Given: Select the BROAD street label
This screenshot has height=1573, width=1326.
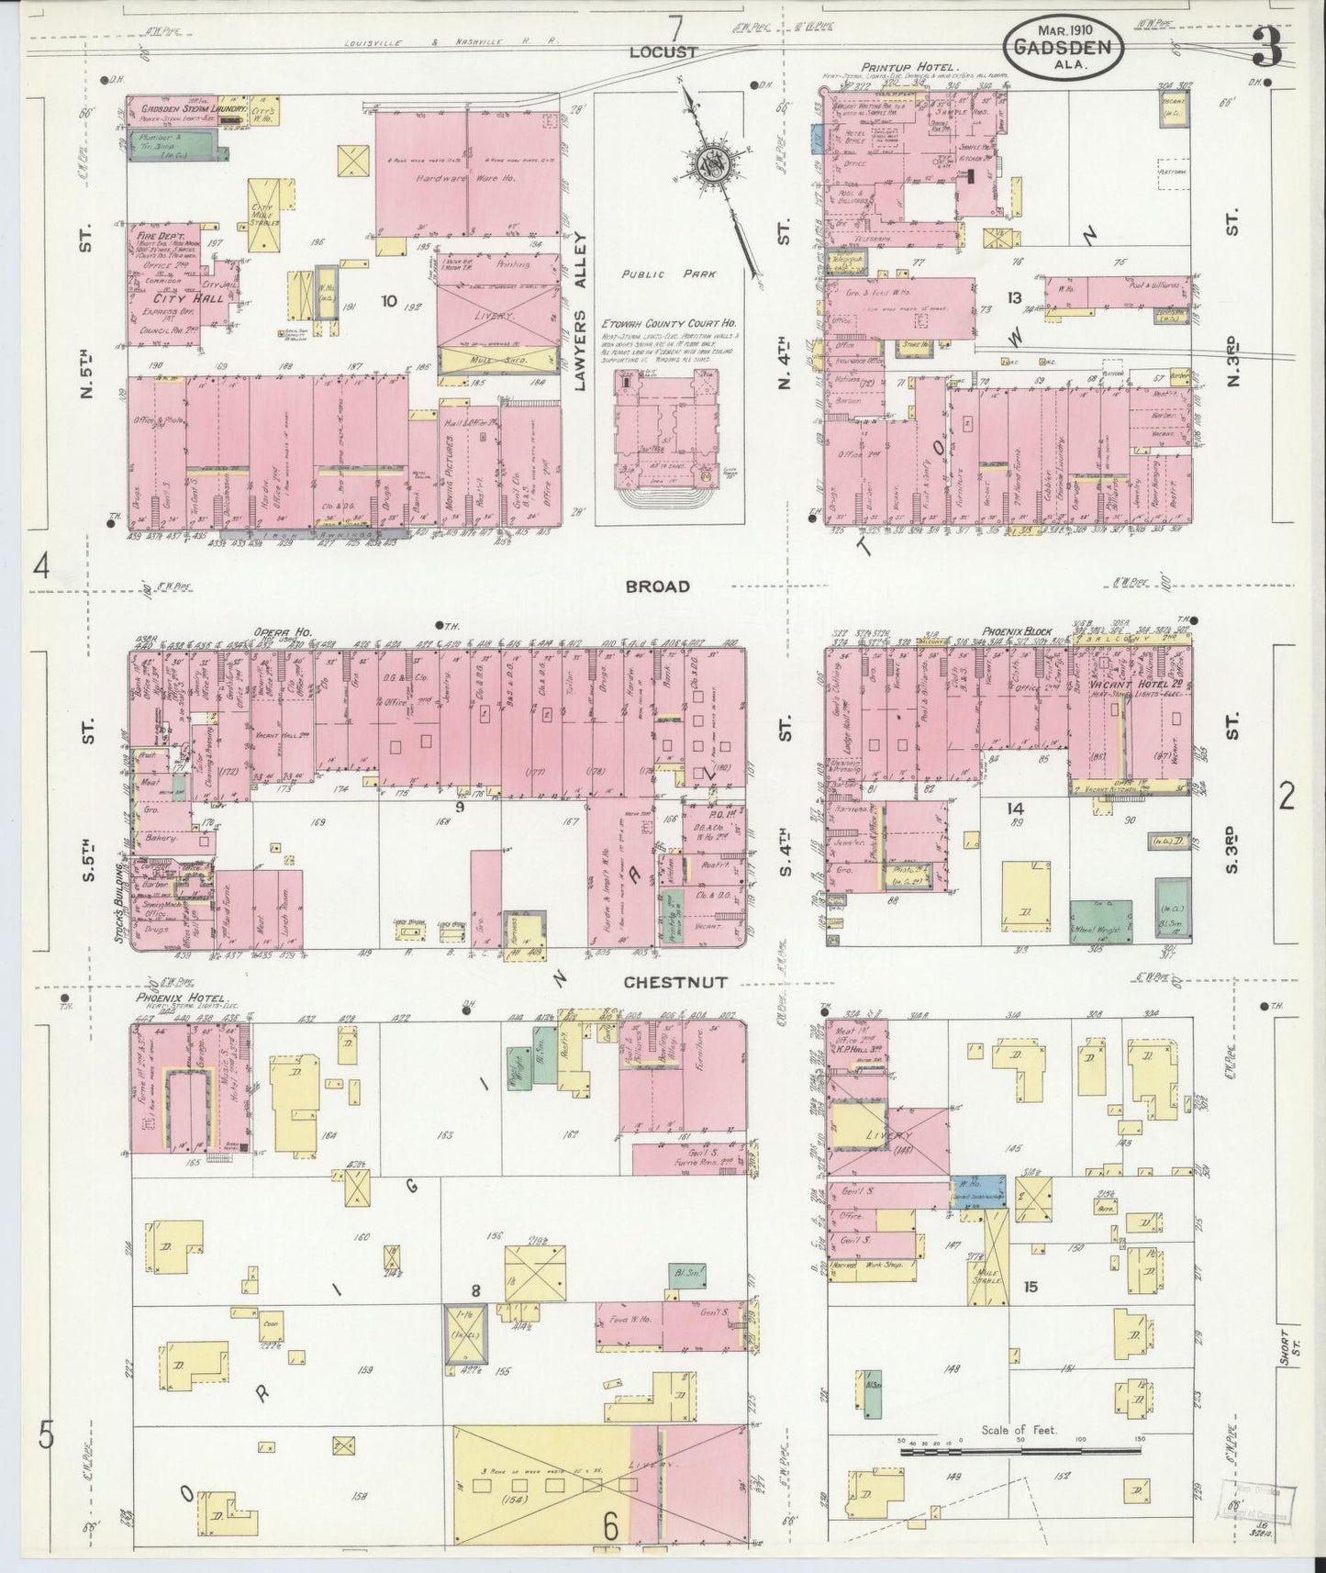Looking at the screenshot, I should (657, 586).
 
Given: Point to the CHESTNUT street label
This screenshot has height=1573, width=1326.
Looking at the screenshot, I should (674, 982).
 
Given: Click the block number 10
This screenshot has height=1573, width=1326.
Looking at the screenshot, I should (389, 300).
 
